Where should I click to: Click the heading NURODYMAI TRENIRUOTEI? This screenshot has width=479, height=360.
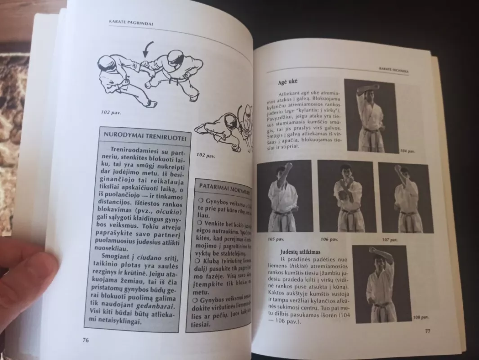(145, 135)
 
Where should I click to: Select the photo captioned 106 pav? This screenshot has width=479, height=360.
(346, 197)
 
